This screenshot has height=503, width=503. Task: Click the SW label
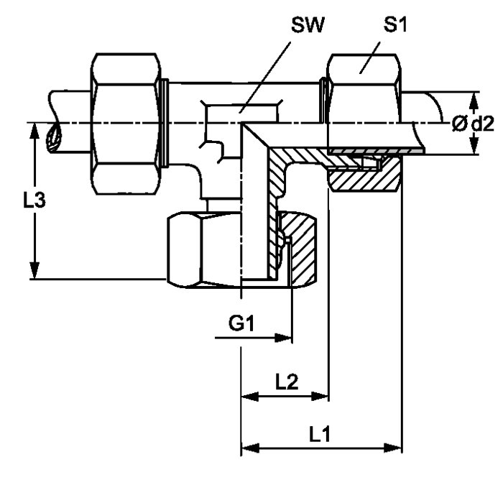[x=308, y=27]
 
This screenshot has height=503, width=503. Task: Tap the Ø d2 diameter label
[x=473, y=124]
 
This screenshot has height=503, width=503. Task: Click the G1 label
[x=243, y=324]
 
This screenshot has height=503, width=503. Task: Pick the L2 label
[x=287, y=381]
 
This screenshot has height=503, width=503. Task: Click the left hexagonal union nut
[x=126, y=124]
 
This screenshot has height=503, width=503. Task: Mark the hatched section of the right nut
[x=363, y=177]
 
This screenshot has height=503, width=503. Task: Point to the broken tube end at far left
[x=53, y=137]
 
